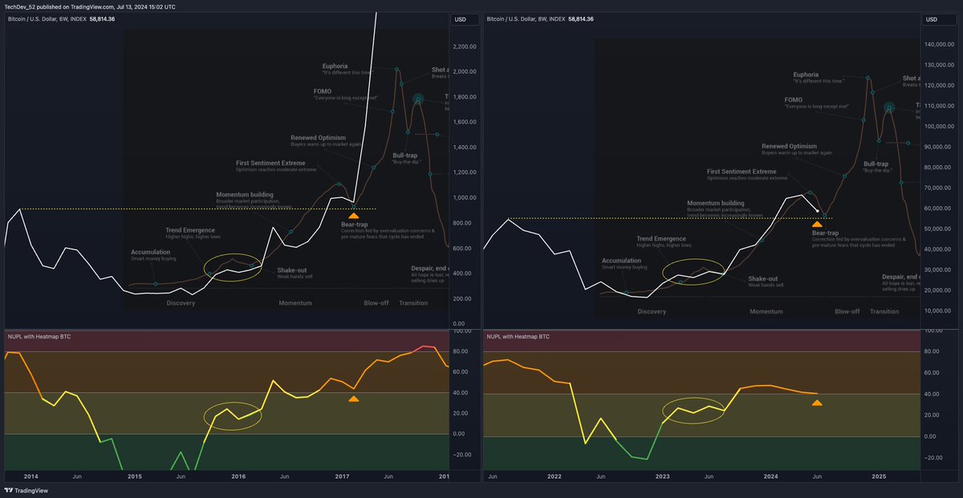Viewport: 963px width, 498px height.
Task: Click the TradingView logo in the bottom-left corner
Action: (x=25, y=491)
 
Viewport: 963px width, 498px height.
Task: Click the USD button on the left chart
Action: (x=461, y=19)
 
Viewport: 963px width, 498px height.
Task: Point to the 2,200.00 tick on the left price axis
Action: (x=465, y=47)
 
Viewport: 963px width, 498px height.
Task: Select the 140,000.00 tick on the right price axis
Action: (x=940, y=44)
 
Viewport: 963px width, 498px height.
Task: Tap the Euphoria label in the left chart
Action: (x=335, y=66)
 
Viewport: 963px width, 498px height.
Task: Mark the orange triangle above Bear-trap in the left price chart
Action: (x=353, y=216)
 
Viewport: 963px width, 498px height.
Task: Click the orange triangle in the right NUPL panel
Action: (x=817, y=403)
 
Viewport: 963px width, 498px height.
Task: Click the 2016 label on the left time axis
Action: (x=238, y=476)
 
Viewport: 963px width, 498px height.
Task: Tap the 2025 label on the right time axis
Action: (x=879, y=476)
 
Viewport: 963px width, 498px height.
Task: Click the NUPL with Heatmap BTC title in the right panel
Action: (x=518, y=337)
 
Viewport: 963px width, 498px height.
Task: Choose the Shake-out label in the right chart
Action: (x=762, y=278)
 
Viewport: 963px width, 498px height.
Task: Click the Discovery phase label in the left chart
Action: (x=181, y=303)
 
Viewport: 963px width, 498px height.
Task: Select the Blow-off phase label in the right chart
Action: (x=847, y=311)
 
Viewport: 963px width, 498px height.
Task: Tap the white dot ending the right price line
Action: (x=817, y=211)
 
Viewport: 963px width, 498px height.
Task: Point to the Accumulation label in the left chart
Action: (x=150, y=252)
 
